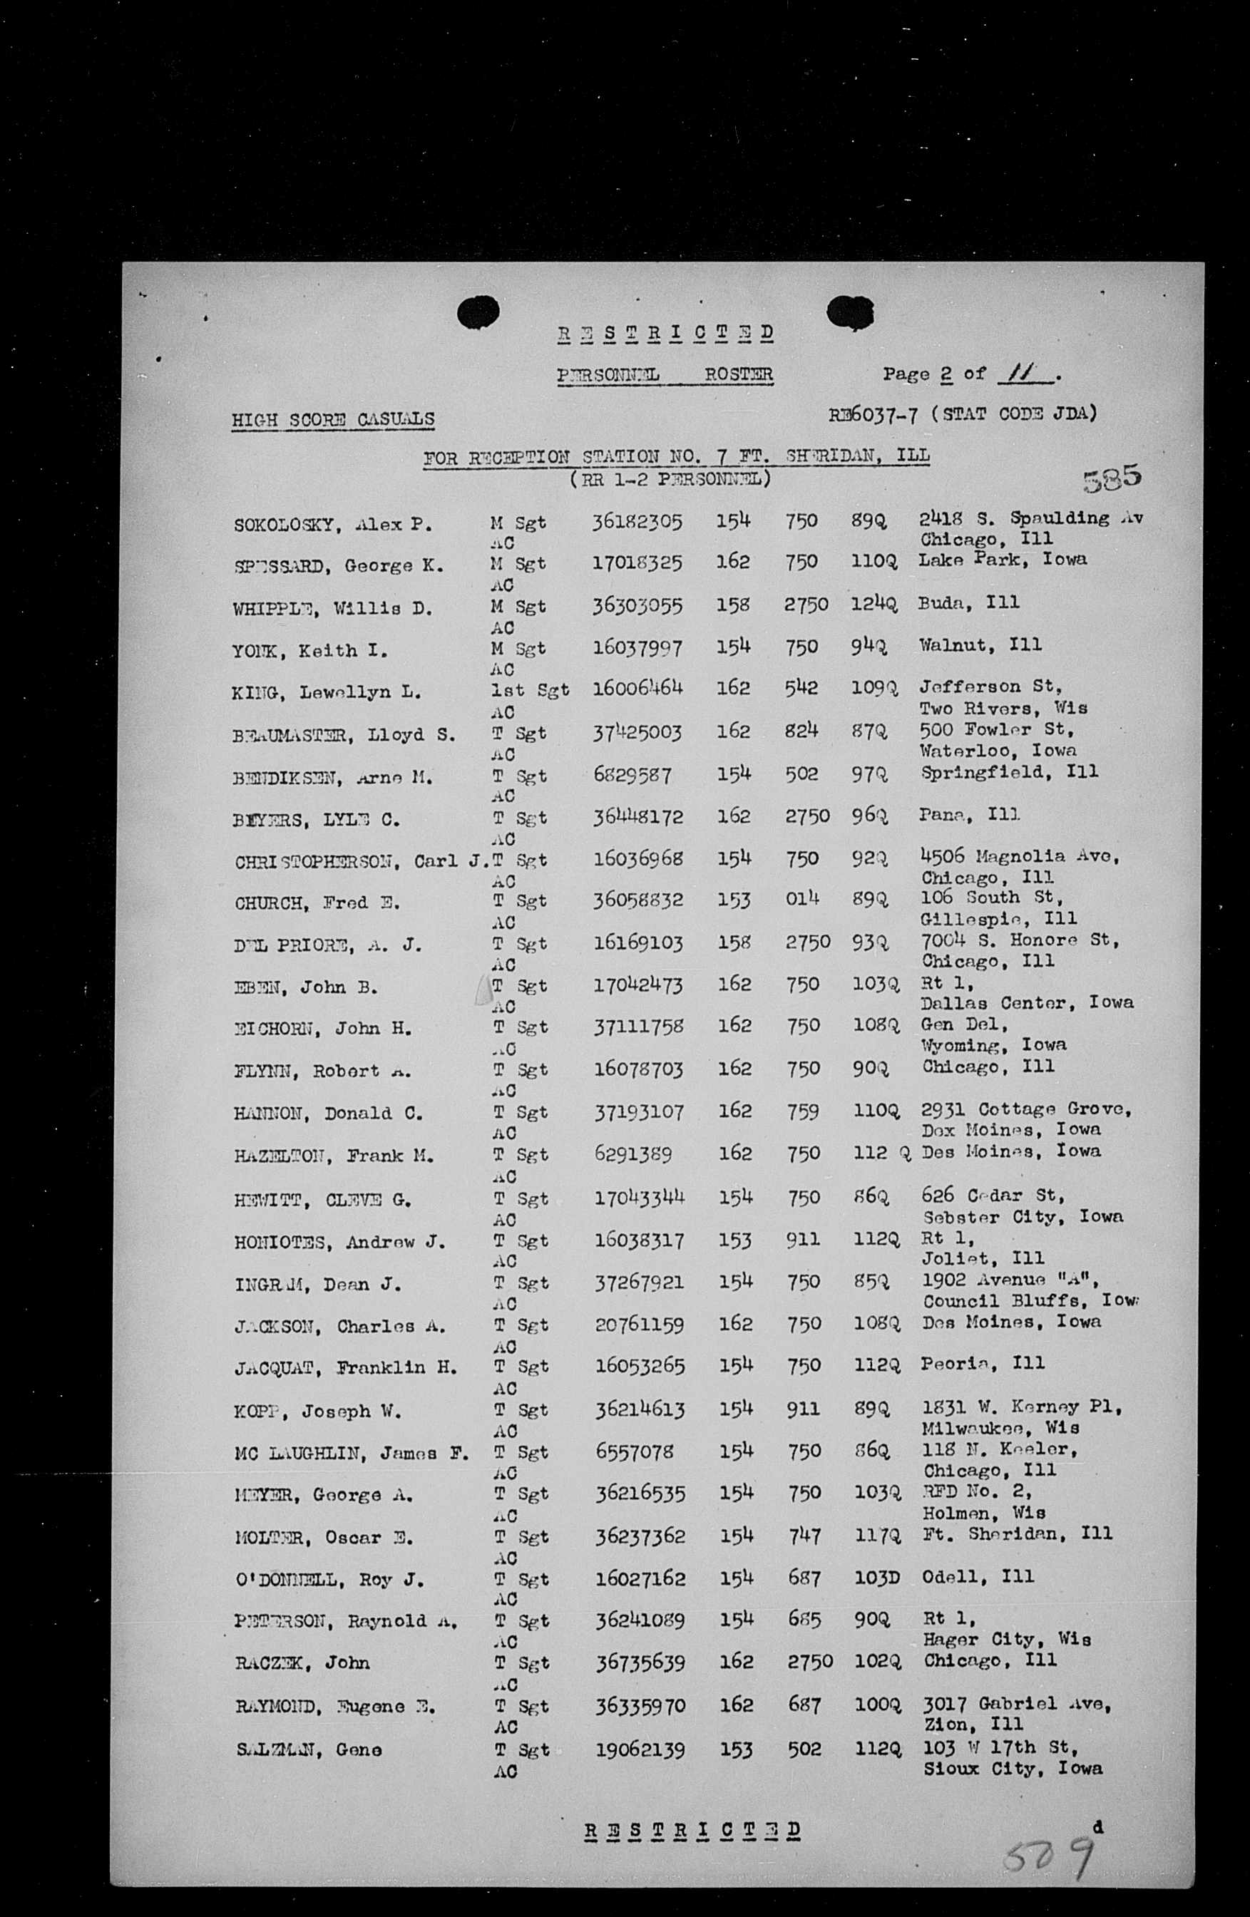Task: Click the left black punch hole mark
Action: [x=478, y=312]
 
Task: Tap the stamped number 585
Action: [x=1112, y=478]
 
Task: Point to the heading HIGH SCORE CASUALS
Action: [x=332, y=419]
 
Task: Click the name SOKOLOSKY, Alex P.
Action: [x=332, y=525]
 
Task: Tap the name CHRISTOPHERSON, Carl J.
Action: [x=362, y=861]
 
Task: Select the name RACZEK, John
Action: [x=303, y=1663]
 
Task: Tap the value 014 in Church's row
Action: [x=802, y=898]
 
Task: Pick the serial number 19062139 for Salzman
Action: [x=640, y=1749]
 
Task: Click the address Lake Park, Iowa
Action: [x=1003, y=558]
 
